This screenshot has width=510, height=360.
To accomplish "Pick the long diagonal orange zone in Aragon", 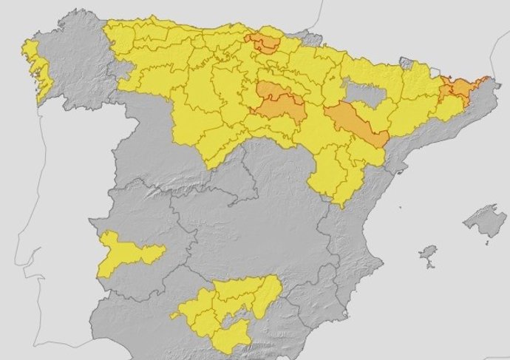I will tap(354, 123).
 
